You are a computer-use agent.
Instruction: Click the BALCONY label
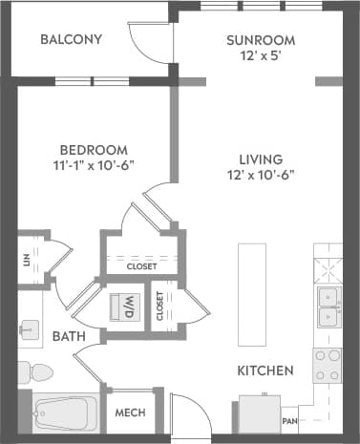tap(72, 40)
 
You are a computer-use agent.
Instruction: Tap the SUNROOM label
tap(260, 40)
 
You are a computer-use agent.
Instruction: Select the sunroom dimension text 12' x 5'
tap(260, 57)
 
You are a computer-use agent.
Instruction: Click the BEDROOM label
tap(94, 149)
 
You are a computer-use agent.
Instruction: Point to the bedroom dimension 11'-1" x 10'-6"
tap(94, 165)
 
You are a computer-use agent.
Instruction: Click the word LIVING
tap(260, 159)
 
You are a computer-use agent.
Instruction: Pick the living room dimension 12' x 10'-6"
tap(260, 176)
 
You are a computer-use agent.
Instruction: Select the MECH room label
tap(130, 413)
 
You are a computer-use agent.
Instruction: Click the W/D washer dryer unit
tap(127, 307)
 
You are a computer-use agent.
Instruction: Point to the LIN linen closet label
tap(27, 258)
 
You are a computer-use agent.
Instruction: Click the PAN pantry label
tap(289, 419)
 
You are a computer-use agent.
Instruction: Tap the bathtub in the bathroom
tap(63, 414)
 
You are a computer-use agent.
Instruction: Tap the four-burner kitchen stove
tap(328, 365)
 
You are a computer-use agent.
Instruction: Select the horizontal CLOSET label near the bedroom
tap(141, 266)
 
